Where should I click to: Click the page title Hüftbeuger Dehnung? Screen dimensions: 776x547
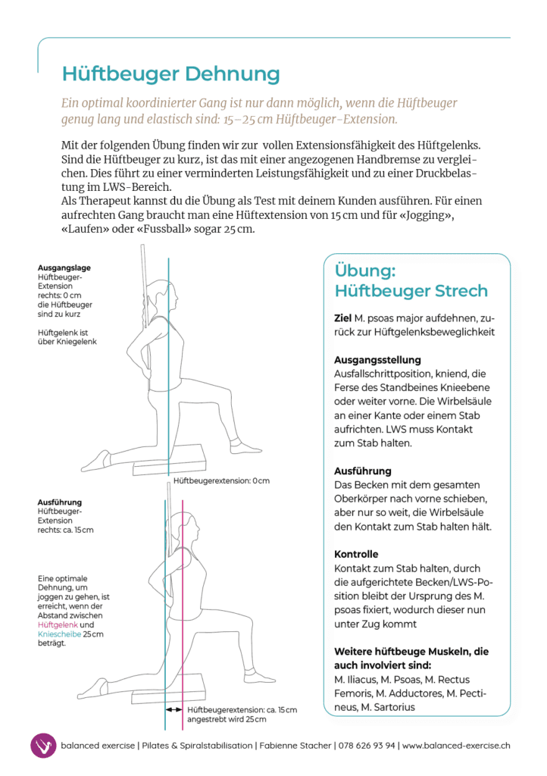click(170, 74)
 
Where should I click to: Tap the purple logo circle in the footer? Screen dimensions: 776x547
click(43, 746)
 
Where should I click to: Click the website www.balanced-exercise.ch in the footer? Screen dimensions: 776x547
click(456, 746)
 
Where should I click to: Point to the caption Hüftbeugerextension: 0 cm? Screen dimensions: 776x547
click(221, 481)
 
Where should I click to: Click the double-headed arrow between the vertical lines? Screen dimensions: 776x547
click(174, 709)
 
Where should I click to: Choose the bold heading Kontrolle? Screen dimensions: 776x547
click(355, 554)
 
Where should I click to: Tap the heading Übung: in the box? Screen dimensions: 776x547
click(365, 271)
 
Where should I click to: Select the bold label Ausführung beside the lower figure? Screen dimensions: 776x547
click(59, 502)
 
